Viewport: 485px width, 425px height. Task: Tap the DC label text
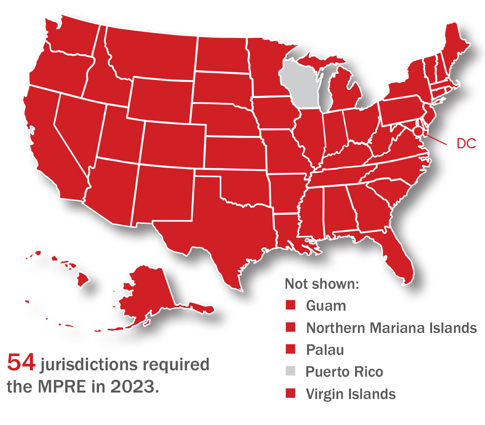pyautogui.click(x=466, y=143)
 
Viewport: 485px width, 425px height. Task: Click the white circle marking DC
pyautogui.click(x=418, y=132)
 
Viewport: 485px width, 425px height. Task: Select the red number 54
pyautogui.click(x=21, y=362)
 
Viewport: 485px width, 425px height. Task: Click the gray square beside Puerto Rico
pyautogui.click(x=290, y=371)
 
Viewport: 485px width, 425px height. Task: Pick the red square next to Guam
pyautogui.click(x=290, y=305)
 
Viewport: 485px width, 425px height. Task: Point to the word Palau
pyautogui.click(x=325, y=350)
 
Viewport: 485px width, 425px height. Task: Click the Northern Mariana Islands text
pyautogui.click(x=391, y=328)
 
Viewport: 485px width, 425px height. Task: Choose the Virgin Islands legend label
pyautogui.click(x=351, y=394)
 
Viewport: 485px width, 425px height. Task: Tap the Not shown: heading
pyautogui.click(x=322, y=284)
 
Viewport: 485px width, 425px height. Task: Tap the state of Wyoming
pyautogui.click(x=161, y=99)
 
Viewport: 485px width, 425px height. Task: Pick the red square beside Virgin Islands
pyautogui.click(x=290, y=393)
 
